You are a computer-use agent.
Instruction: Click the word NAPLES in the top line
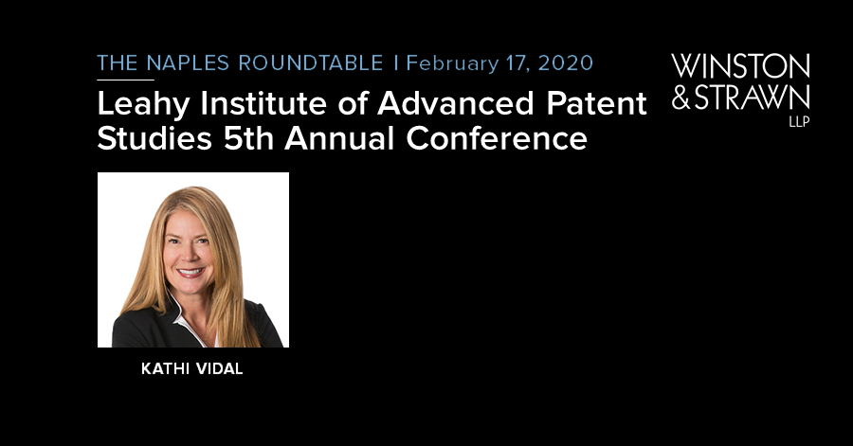(x=189, y=63)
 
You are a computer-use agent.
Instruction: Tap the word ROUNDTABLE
(x=311, y=63)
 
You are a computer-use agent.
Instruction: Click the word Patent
(x=597, y=103)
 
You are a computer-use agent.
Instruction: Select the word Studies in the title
(x=154, y=138)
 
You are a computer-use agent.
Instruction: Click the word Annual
(x=339, y=138)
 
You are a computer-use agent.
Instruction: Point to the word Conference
(x=497, y=138)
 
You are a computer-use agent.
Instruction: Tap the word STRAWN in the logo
(x=753, y=98)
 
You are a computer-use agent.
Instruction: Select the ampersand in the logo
(x=681, y=98)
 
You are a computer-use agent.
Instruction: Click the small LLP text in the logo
(x=799, y=122)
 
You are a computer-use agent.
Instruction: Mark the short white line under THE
(x=126, y=80)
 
